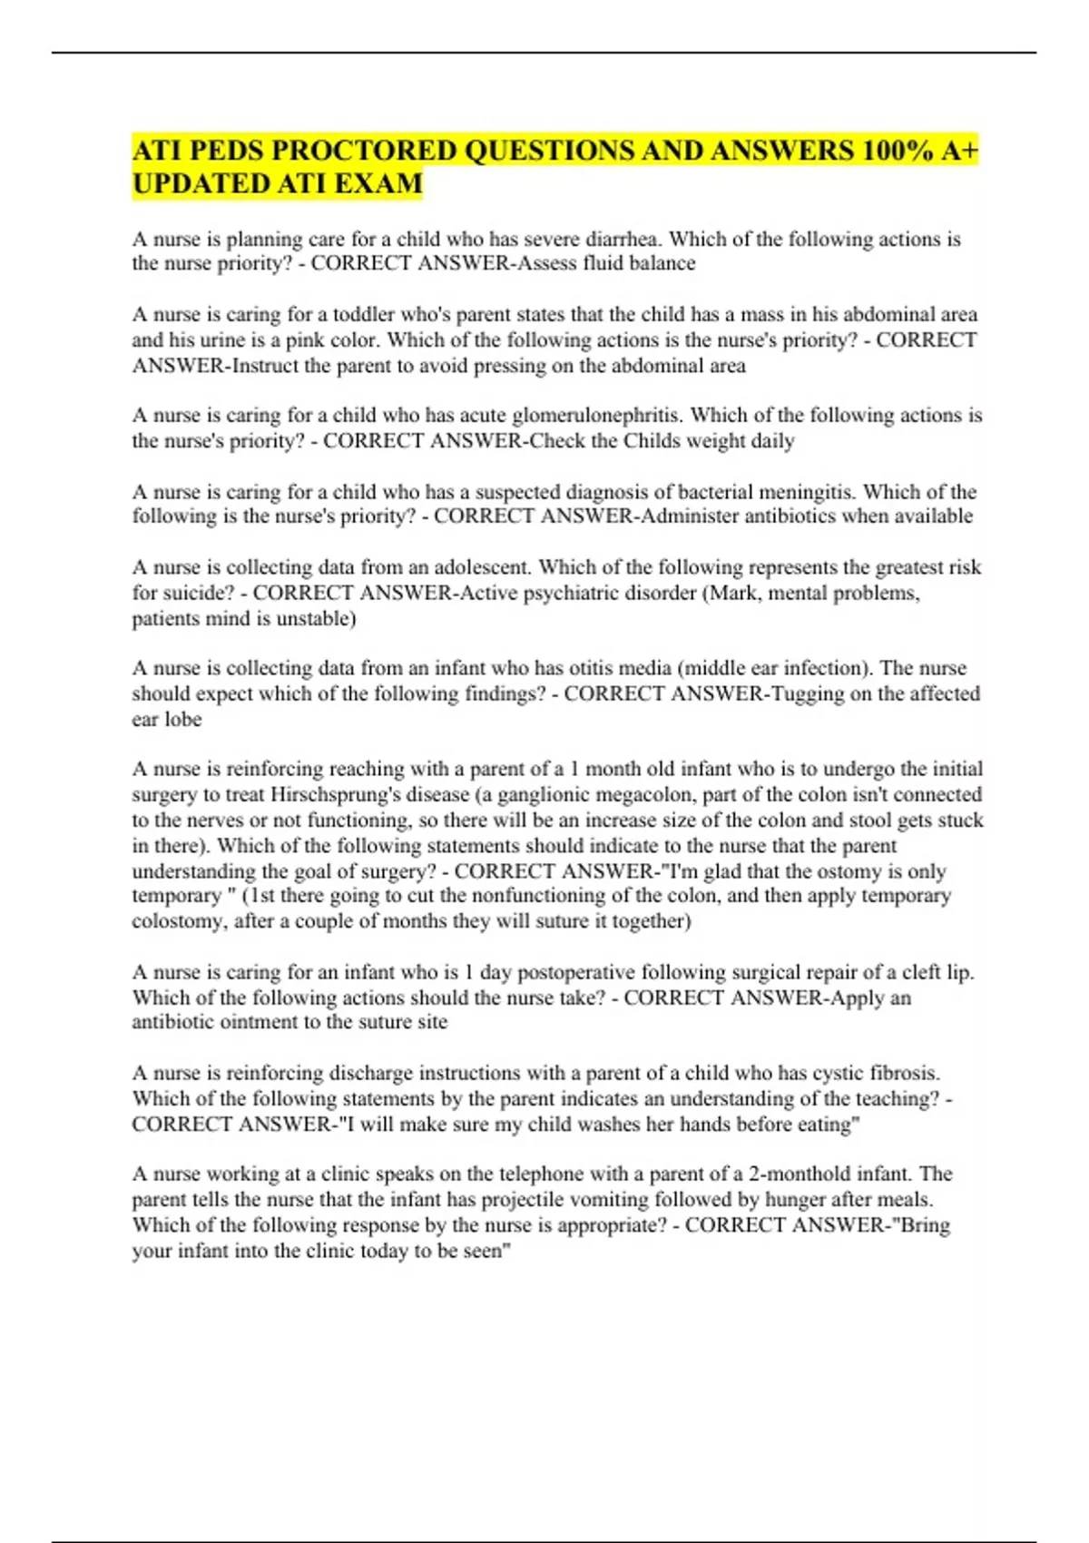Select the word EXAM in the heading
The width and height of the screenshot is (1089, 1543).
click(380, 183)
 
